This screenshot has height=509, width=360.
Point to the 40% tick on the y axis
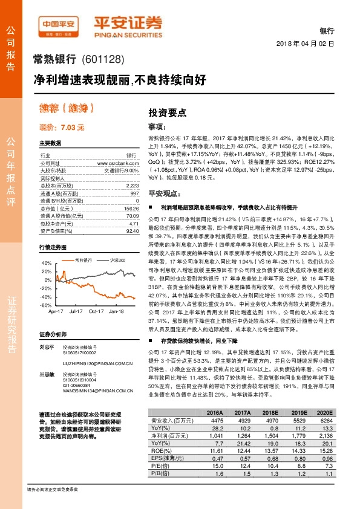click(46, 264)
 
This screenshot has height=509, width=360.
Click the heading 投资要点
click(167, 112)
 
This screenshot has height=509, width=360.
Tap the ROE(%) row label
click(160, 467)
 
